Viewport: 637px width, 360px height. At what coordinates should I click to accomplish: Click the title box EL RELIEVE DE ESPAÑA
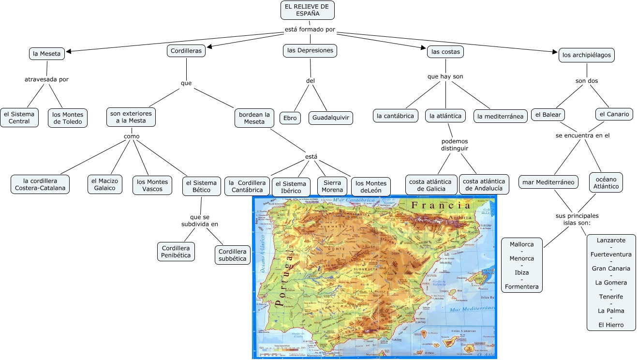[307, 10]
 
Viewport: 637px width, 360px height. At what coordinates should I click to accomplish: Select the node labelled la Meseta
[47, 54]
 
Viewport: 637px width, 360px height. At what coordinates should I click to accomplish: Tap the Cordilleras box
[186, 50]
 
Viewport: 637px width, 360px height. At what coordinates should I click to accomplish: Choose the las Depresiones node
[310, 50]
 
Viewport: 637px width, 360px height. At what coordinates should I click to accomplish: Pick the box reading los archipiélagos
[587, 55]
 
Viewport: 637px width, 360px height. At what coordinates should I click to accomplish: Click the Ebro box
[290, 118]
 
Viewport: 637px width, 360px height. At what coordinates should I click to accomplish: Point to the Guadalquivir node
[331, 118]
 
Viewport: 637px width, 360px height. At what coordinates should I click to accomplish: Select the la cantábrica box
[395, 116]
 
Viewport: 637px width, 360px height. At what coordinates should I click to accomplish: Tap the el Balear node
[548, 115]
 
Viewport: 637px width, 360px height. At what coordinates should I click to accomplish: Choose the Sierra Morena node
[332, 186]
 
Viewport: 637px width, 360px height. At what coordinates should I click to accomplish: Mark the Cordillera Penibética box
[176, 252]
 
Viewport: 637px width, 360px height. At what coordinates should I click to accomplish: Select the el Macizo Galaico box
[104, 185]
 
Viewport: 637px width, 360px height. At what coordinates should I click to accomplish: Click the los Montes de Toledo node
[68, 118]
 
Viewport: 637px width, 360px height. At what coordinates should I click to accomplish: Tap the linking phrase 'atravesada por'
[46, 79]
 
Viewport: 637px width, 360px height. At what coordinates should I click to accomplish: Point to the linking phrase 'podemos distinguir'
[455, 145]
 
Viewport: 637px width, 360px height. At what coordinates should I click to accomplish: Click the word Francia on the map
[440, 206]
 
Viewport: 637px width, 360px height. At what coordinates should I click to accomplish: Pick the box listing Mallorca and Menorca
[522, 266]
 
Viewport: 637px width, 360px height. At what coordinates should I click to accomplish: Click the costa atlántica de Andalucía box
[484, 185]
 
